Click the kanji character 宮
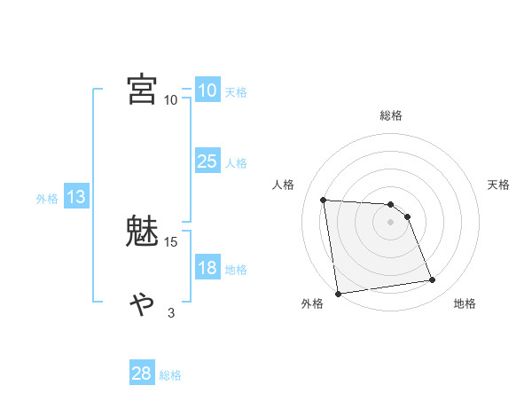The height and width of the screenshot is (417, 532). pyautogui.click(x=142, y=89)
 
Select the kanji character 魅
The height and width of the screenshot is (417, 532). pyautogui.click(x=142, y=232)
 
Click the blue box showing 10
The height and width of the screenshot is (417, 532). pyautogui.click(x=207, y=90)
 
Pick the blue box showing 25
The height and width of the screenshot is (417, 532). pyautogui.click(x=207, y=161)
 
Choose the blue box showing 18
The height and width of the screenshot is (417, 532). pyautogui.click(x=207, y=268)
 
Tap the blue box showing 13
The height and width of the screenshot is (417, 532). pyautogui.click(x=76, y=198)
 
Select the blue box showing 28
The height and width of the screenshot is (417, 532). pyautogui.click(x=142, y=374)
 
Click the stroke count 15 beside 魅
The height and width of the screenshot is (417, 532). pyautogui.click(x=171, y=241)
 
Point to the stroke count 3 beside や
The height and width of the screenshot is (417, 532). pyautogui.click(x=171, y=312)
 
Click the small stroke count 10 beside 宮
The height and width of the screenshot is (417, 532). pyautogui.click(x=171, y=99)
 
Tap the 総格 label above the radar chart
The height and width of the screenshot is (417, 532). pyautogui.click(x=391, y=115)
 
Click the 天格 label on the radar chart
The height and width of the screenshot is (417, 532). pyautogui.click(x=498, y=185)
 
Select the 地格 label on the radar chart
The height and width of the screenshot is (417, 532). pyautogui.click(x=465, y=303)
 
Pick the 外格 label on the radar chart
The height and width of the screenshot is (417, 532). pyautogui.click(x=312, y=303)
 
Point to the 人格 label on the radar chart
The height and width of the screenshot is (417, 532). pyautogui.click(x=284, y=185)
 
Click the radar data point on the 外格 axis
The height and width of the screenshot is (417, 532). pyautogui.click(x=338, y=294)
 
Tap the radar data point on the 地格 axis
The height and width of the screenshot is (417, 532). pyautogui.click(x=433, y=280)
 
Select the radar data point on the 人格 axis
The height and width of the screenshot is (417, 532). pyautogui.click(x=324, y=200)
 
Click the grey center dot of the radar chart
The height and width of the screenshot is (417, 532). pyautogui.click(x=391, y=222)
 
